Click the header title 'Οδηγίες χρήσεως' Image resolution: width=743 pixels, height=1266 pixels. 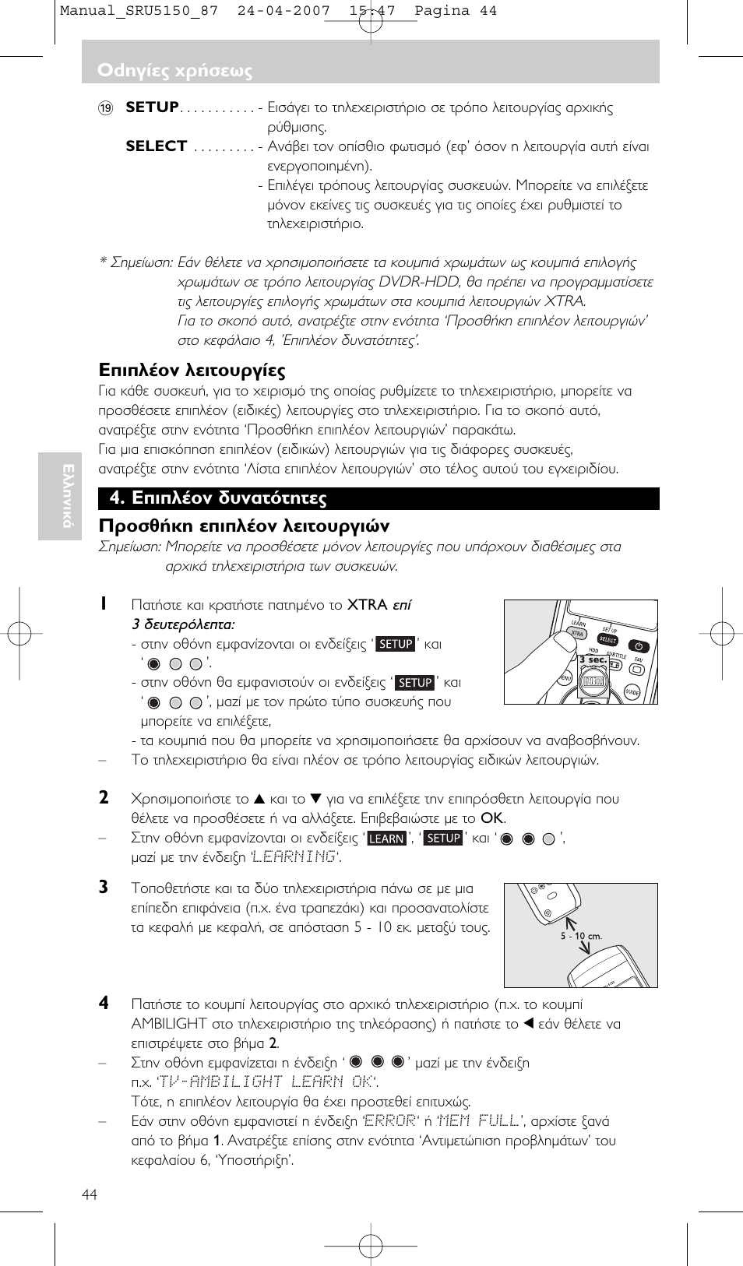pyautogui.click(x=174, y=70)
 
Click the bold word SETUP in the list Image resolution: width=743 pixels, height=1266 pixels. pyautogui.click(x=153, y=107)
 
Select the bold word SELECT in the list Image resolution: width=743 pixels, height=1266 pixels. pyautogui.click(x=156, y=146)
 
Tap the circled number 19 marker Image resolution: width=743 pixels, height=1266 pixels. pyautogui.click(x=106, y=108)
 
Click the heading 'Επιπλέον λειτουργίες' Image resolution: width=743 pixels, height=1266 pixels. pyautogui.click(x=192, y=370)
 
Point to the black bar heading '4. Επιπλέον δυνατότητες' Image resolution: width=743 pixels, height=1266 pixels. pyautogui.click(x=218, y=498)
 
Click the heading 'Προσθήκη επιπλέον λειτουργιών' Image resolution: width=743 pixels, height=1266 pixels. pyautogui.click(x=244, y=526)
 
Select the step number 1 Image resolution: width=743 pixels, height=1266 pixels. pyautogui.click(x=103, y=604)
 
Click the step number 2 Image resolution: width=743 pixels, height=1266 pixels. pyautogui.click(x=104, y=798)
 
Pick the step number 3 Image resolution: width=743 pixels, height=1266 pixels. pyautogui.click(x=104, y=888)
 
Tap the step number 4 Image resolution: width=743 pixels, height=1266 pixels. pyautogui.click(x=104, y=1004)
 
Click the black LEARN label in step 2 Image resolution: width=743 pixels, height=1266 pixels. pyautogui.click(x=386, y=839)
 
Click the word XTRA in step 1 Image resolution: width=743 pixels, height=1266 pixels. pyautogui.click(x=367, y=605)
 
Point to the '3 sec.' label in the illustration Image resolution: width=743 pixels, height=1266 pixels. pyautogui.click(x=593, y=659)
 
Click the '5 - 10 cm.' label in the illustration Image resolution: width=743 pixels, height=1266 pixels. pyautogui.click(x=581, y=936)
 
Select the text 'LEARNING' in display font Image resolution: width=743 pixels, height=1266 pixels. pyautogui.click(x=294, y=857)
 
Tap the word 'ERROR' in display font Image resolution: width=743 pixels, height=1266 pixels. pyautogui.click(x=389, y=1120)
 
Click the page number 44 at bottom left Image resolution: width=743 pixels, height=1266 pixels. pyautogui.click(x=90, y=1194)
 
